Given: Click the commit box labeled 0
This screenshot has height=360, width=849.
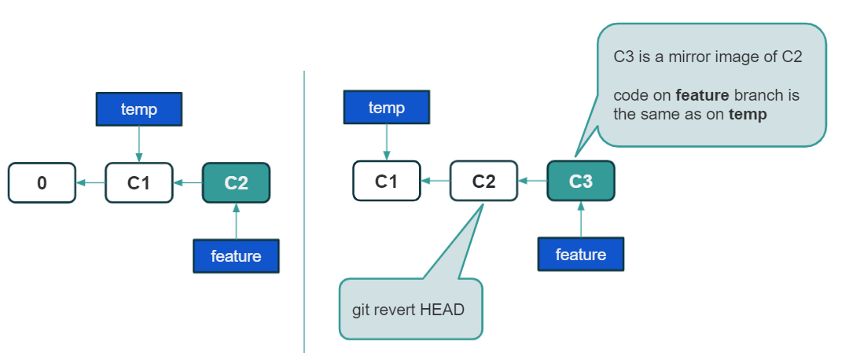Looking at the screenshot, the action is [x=42, y=183].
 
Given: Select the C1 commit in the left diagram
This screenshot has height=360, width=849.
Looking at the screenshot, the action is [x=138, y=183].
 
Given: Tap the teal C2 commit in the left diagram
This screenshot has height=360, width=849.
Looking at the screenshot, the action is [x=236, y=183].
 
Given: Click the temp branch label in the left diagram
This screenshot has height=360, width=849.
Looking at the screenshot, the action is [x=138, y=109].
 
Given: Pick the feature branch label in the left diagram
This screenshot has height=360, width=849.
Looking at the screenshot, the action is [x=236, y=256].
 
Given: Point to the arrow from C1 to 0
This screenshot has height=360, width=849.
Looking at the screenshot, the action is [x=90, y=183].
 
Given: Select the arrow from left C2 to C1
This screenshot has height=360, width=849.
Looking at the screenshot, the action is [x=188, y=183].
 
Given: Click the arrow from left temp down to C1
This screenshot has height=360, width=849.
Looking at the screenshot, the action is [x=139, y=144].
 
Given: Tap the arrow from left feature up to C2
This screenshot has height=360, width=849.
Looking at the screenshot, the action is [x=236, y=222].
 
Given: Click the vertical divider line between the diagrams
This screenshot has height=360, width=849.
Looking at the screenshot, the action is [x=304, y=211].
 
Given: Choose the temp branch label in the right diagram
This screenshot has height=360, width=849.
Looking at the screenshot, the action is [x=387, y=107].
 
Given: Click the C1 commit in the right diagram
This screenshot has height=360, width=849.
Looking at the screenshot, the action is [x=387, y=181].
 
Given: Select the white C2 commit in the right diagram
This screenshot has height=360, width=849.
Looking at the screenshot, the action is [x=483, y=181].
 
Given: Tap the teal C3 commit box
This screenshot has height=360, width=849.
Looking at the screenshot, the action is [x=581, y=181].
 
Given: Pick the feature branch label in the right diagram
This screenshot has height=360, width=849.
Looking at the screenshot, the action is [x=581, y=254].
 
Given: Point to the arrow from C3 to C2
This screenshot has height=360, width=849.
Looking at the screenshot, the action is [x=533, y=181].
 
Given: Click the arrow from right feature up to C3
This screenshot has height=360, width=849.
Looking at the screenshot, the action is [x=581, y=219].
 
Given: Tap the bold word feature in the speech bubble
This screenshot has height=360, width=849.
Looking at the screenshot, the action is [x=702, y=95].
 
